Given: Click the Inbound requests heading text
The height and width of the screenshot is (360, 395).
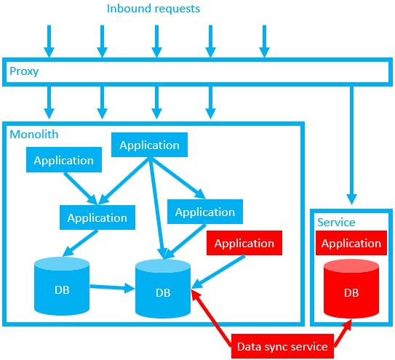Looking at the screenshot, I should click(153, 9).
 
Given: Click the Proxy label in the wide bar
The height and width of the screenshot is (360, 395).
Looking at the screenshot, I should click(23, 72).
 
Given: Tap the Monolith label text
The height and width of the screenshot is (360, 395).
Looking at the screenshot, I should click(34, 135).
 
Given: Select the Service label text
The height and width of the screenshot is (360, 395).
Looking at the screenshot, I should click(336, 222).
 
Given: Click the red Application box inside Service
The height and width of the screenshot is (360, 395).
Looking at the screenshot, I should click(351, 244).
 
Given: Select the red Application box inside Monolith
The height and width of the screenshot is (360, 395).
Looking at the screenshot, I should click(244, 244).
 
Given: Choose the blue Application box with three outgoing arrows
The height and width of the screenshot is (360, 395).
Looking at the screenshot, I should click(149, 145).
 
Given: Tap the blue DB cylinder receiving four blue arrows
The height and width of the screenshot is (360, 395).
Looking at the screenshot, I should click(163, 289).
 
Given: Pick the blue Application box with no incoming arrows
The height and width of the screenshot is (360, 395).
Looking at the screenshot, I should click(63, 160).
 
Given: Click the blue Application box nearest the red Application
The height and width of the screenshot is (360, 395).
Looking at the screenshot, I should click(205, 212).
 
